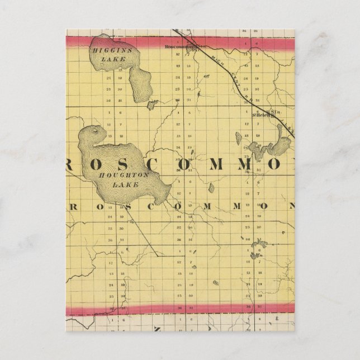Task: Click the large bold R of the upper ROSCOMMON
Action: pyautogui.click(x=74, y=162)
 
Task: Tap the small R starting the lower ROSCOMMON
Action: pyautogui.click(x=73, y=206)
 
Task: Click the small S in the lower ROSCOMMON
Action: pyautogui.click(x=128, y=206)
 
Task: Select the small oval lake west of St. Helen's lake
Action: pyautogui.click(x=239, y=138)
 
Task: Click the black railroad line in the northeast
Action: pyautogui.click(x=246, y=92)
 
